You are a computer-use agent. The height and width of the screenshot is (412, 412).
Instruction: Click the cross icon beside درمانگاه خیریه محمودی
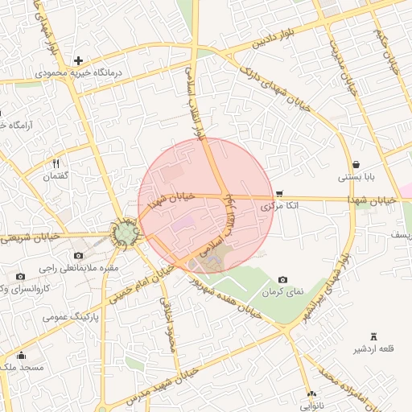click(78, 60)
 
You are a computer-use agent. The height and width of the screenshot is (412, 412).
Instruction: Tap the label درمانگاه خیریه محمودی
click(78, 73)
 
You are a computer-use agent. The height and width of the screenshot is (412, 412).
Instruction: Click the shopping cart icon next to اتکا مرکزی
click(279, 193)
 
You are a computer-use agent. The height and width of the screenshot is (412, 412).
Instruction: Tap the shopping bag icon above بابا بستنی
click(356, 164)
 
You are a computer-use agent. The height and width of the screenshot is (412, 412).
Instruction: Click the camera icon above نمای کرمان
click(283, 278)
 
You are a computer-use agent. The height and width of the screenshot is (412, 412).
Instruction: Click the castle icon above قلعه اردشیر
click(373, 336)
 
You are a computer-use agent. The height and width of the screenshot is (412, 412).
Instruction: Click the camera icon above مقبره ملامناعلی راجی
click(78, 255)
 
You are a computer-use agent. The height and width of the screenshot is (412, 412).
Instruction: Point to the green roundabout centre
click(125, 233)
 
